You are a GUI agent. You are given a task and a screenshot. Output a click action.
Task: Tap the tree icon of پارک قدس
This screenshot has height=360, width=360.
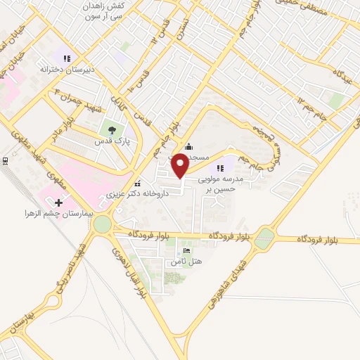pyautogui.click(x=111, y=129)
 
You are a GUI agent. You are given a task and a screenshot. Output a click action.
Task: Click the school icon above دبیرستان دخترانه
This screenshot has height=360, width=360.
pyautogui.click(x=67, y=59)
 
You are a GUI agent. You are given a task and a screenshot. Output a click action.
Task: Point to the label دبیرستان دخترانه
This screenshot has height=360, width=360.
pyautogui.click(x=67, y=70)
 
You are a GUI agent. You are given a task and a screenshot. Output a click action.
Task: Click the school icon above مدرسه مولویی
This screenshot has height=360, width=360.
pyautogui.click(x=221, y=167)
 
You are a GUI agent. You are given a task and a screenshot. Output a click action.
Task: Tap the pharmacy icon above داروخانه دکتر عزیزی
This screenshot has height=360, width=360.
pyautogui.click(x=138, y=181)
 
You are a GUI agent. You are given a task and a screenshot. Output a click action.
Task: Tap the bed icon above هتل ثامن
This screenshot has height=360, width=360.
pyautogui.click(x=186, y=250)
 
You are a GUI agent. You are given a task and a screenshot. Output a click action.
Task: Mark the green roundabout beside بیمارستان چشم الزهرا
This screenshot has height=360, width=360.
pyautogui.click(x=102, y=225)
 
